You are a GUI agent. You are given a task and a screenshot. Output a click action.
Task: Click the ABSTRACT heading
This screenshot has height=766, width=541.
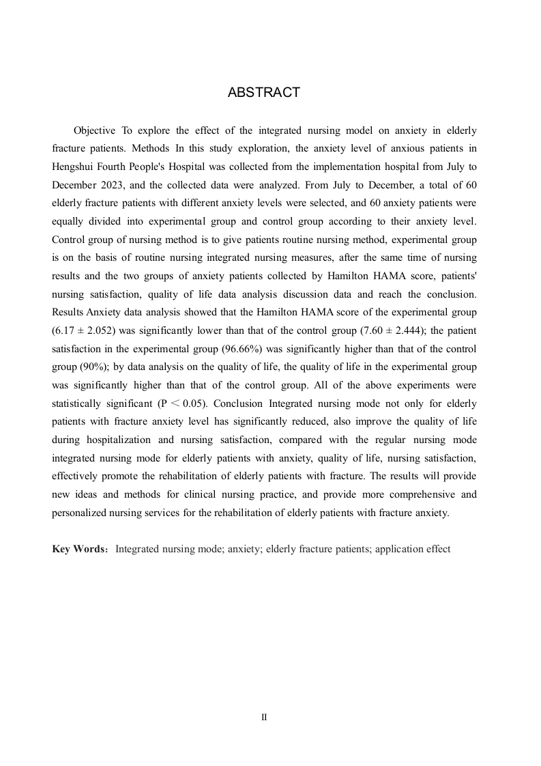tap(263, 93)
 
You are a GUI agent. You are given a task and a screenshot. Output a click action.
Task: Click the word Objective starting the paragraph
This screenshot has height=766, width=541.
tap(95, 130)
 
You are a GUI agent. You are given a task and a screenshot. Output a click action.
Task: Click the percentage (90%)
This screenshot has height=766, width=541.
tap(89, 367)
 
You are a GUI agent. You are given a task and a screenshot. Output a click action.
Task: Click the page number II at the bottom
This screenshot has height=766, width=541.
tap(264, 718)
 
